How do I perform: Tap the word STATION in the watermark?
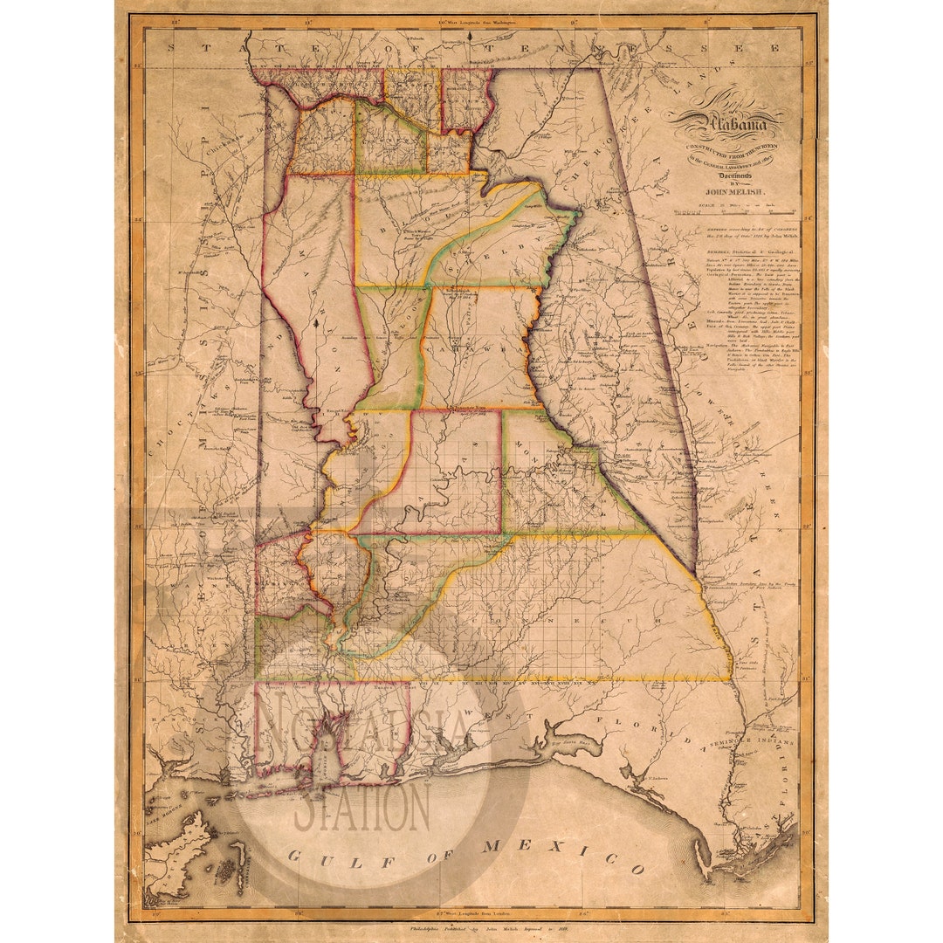pyautogui.click(x=361, y=809)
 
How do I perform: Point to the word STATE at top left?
pyautogui.click(x=201, y=48)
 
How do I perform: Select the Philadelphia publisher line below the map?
pyautogui.click(x=471, y=932)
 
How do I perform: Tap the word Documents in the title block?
pyautogui.click(x=728, y=175)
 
